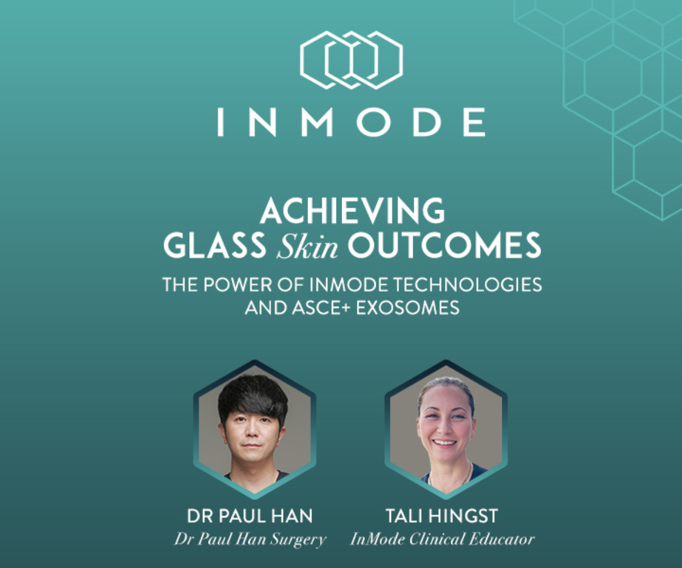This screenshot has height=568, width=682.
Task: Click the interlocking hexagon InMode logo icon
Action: point(351,60)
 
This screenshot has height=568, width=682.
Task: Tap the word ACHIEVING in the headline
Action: point(352,211)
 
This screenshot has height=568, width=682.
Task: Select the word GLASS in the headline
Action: point(215,245)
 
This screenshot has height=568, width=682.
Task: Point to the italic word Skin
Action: point(307,245)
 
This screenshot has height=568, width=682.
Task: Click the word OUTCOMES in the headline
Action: point(444,245)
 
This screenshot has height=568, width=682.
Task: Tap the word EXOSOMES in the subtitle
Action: point(407,307)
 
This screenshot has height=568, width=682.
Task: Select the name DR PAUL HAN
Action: point(250,516)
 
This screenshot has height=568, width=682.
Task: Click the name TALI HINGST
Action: point(442,516)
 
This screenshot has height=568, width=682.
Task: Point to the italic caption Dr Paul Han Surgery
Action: point(250,539)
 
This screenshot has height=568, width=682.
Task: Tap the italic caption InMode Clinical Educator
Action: point(442,539)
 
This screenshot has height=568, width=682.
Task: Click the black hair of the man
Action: point(253,395)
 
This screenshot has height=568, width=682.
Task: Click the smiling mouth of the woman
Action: point(444,443)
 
